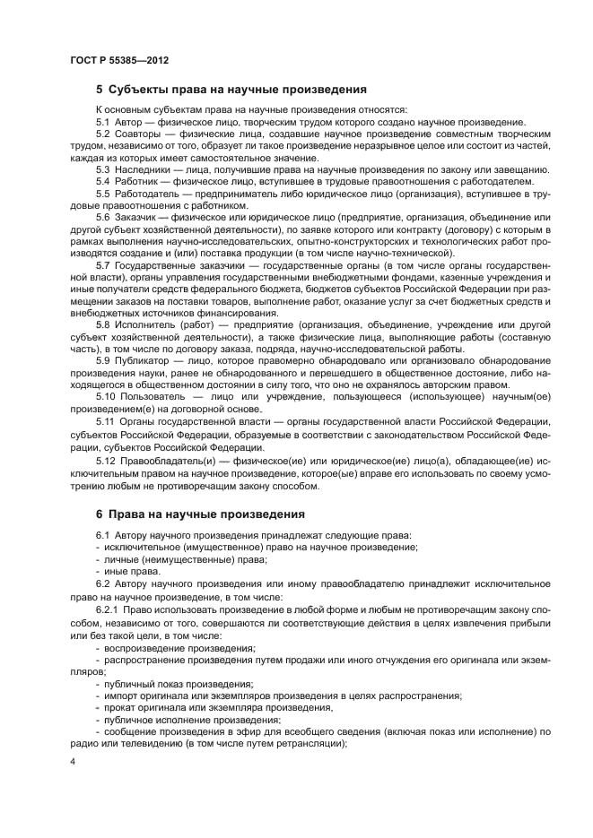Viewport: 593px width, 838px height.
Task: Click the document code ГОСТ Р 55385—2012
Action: [119, 60]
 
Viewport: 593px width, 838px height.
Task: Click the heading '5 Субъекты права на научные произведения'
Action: [231, 90]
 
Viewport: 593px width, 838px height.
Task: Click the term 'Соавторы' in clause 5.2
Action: [136, 133]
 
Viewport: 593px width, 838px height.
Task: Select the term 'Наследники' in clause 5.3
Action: [142, 168]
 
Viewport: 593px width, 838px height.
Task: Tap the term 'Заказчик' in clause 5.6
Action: [135, 217]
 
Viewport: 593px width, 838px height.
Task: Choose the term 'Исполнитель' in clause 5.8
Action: [144, 325]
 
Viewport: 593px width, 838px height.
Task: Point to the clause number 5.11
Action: [106, 421]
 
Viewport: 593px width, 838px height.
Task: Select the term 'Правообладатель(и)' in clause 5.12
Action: [161, 458]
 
